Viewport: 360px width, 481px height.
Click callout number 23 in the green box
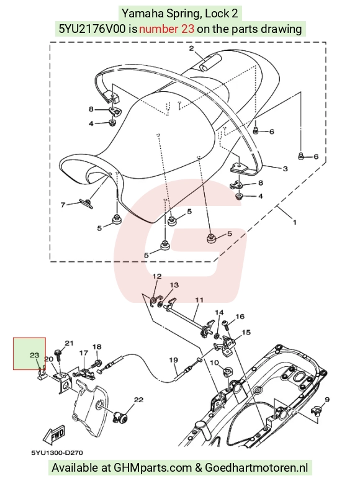click(34, 355)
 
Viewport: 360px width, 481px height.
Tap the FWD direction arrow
click(54, 435)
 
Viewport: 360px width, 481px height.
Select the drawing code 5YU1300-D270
click(56, 452)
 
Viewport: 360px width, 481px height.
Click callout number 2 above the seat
click(191, 48)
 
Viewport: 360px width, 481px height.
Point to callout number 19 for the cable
click(173, 359)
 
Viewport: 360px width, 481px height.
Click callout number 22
click(138, 400)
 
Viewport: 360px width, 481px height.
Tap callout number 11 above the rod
click(199, 300)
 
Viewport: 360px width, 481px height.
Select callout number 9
click(327, 400)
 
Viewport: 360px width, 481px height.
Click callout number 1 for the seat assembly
click(295, 222)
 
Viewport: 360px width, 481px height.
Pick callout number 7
click(63, 205)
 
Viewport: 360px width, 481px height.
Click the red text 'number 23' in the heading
click(166, 29)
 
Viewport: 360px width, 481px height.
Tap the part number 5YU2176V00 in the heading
click(92, 29)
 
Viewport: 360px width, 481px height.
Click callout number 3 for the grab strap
click(285, 169)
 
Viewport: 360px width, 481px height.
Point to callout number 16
click(240, 317)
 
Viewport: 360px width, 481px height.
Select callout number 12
click(157, 276)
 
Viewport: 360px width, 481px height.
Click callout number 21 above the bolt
click(69, 343)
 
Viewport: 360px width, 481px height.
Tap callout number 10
click(214, 362)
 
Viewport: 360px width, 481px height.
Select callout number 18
click(97, 347)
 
